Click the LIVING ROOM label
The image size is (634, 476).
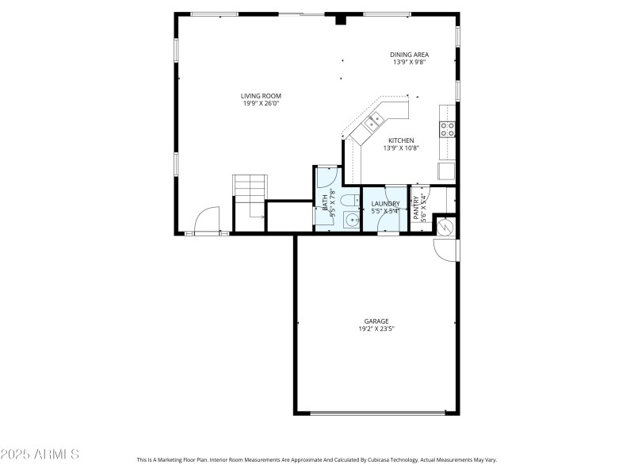261,96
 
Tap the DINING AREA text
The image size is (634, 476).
409,55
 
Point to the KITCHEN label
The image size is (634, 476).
401,140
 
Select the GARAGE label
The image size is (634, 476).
376,321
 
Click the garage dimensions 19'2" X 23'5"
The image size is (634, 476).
376,328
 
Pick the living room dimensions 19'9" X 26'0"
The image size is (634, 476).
261,103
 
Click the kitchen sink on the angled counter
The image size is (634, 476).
373,121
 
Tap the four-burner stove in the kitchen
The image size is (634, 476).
448,129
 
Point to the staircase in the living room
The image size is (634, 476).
250,190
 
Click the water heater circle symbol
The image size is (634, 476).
445,227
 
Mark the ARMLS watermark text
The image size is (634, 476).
40,455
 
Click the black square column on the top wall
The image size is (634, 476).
341,19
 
